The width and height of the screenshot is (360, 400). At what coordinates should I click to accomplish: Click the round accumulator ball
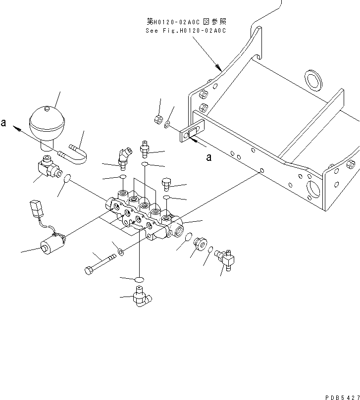47,122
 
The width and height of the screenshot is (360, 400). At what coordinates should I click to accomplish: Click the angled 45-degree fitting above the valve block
124,155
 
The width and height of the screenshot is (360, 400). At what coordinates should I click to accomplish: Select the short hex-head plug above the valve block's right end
166,185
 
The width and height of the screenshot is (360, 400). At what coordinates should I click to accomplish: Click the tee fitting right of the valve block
226,257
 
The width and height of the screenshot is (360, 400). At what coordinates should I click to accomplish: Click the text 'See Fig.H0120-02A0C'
185,31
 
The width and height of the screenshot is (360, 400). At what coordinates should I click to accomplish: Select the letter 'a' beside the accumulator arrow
3,123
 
